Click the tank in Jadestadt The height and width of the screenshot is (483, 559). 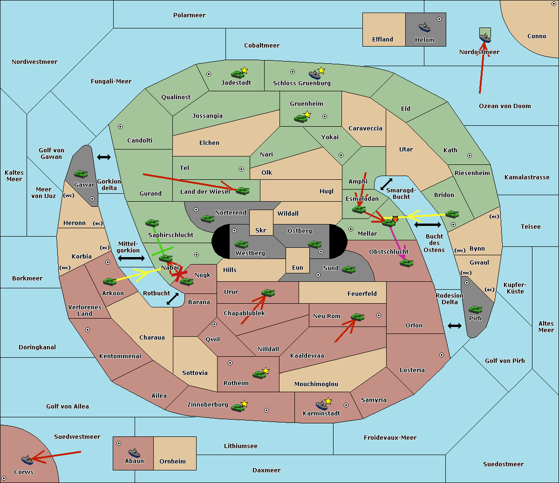238,74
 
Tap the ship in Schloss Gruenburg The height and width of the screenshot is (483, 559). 315,75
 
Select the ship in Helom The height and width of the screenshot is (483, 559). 424,27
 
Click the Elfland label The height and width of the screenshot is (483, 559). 382,40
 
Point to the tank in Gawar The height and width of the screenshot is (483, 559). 81,174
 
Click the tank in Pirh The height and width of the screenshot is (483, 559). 475,310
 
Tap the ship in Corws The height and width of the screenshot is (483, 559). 27,460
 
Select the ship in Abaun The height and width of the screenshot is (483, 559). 134,453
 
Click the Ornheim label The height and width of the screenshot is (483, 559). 172,462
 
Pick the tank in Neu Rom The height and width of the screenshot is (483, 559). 357,317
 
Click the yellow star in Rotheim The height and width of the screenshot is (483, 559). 266,371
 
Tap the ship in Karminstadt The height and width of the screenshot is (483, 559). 321,405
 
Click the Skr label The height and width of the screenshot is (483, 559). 261,231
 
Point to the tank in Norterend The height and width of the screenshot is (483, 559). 207,218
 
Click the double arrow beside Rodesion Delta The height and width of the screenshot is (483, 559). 455,326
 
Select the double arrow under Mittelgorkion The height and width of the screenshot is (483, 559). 131,258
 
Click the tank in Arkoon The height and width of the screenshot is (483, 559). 109,282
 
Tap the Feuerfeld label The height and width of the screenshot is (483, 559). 362,294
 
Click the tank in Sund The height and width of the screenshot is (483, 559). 349,269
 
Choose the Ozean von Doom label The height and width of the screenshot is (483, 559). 505,106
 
